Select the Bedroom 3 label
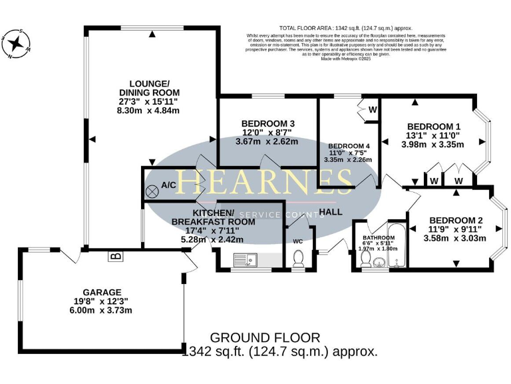(267, 124)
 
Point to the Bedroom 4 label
(349, 146)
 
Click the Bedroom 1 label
(433, 127)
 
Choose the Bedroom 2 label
(455, 221)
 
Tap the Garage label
(102, 292)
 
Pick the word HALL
(331, 212)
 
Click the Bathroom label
(379, 237)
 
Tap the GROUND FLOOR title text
(265, 338)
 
